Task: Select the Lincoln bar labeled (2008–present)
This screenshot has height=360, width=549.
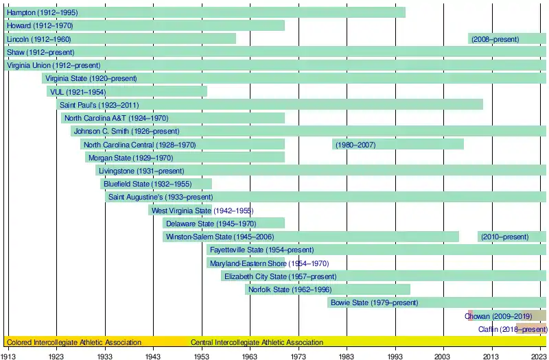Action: tap(507, 39)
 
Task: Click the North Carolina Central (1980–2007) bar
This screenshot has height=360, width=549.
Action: tap(398, 145)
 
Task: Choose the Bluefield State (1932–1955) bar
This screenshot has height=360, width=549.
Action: tap(156, 184)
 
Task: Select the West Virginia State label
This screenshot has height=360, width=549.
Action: tap(181, 211)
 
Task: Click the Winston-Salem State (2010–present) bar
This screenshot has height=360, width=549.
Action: tap(512, 237)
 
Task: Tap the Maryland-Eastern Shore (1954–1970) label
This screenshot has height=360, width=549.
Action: tap(269, 263)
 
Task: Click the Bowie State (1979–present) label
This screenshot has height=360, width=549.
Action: tap(374, 302)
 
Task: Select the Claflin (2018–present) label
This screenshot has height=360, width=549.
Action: tap(513, 329)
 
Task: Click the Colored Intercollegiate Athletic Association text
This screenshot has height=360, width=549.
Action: tap(74, 342)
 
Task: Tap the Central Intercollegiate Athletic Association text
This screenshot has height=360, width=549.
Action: tap(257, 342)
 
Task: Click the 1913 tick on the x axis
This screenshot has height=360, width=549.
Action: tap(9, 355)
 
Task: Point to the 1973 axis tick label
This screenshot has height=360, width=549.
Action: tap(298, 355)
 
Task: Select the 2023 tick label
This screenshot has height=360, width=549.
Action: tap(539, 355)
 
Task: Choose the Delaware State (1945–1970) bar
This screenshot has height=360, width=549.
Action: tap(223, 224)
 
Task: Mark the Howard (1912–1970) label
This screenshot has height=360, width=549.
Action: tap(40, 25)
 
